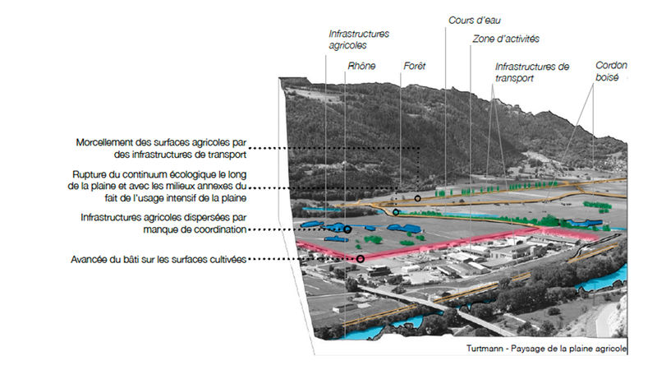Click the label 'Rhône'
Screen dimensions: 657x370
[361, 66]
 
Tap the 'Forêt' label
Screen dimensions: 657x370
[415, 66]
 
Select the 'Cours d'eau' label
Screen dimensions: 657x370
[475, 20]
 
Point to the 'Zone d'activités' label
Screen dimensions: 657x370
[506, 39]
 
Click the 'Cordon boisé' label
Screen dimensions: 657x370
[611, 72]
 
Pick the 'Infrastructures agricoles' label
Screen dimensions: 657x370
[359, 39]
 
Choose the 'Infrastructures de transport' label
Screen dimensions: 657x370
[532, 72]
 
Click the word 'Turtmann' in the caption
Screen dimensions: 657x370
[485, 349]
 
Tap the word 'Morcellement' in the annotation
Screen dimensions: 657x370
[104, 142]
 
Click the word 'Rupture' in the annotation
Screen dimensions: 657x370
[88, 174]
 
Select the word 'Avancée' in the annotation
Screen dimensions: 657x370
[88, 260]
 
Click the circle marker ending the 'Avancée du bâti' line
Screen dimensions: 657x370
[360, 259]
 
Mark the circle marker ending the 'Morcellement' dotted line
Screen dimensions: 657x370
[417, 198]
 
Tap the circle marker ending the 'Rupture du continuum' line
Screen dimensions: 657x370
[395, 212]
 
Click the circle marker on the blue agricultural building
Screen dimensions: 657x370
[347, 229]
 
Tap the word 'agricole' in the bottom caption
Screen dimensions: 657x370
[612, 349]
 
